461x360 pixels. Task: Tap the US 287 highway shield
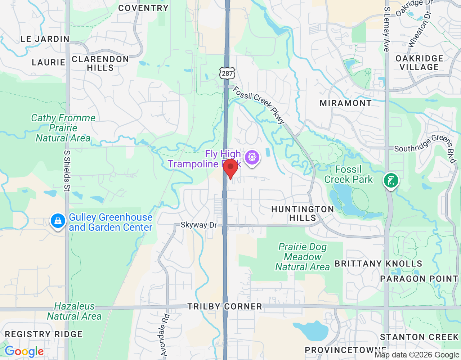227,73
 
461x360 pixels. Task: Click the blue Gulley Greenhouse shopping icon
58,221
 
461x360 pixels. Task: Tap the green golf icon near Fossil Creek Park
391,180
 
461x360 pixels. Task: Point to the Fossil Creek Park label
348,175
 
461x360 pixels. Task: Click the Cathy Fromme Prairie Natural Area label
63,128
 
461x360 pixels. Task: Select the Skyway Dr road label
199,225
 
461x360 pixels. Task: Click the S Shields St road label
67,170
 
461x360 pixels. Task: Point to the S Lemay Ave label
386,29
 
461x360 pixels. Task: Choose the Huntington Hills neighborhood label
303,213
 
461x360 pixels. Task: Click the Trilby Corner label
225,307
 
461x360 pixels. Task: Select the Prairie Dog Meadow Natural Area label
303,257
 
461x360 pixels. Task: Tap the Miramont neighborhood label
345,103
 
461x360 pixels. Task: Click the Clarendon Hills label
100,63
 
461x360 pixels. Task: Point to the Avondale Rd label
164,335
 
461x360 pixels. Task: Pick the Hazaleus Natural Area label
74,311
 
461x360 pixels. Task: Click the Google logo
24,351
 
